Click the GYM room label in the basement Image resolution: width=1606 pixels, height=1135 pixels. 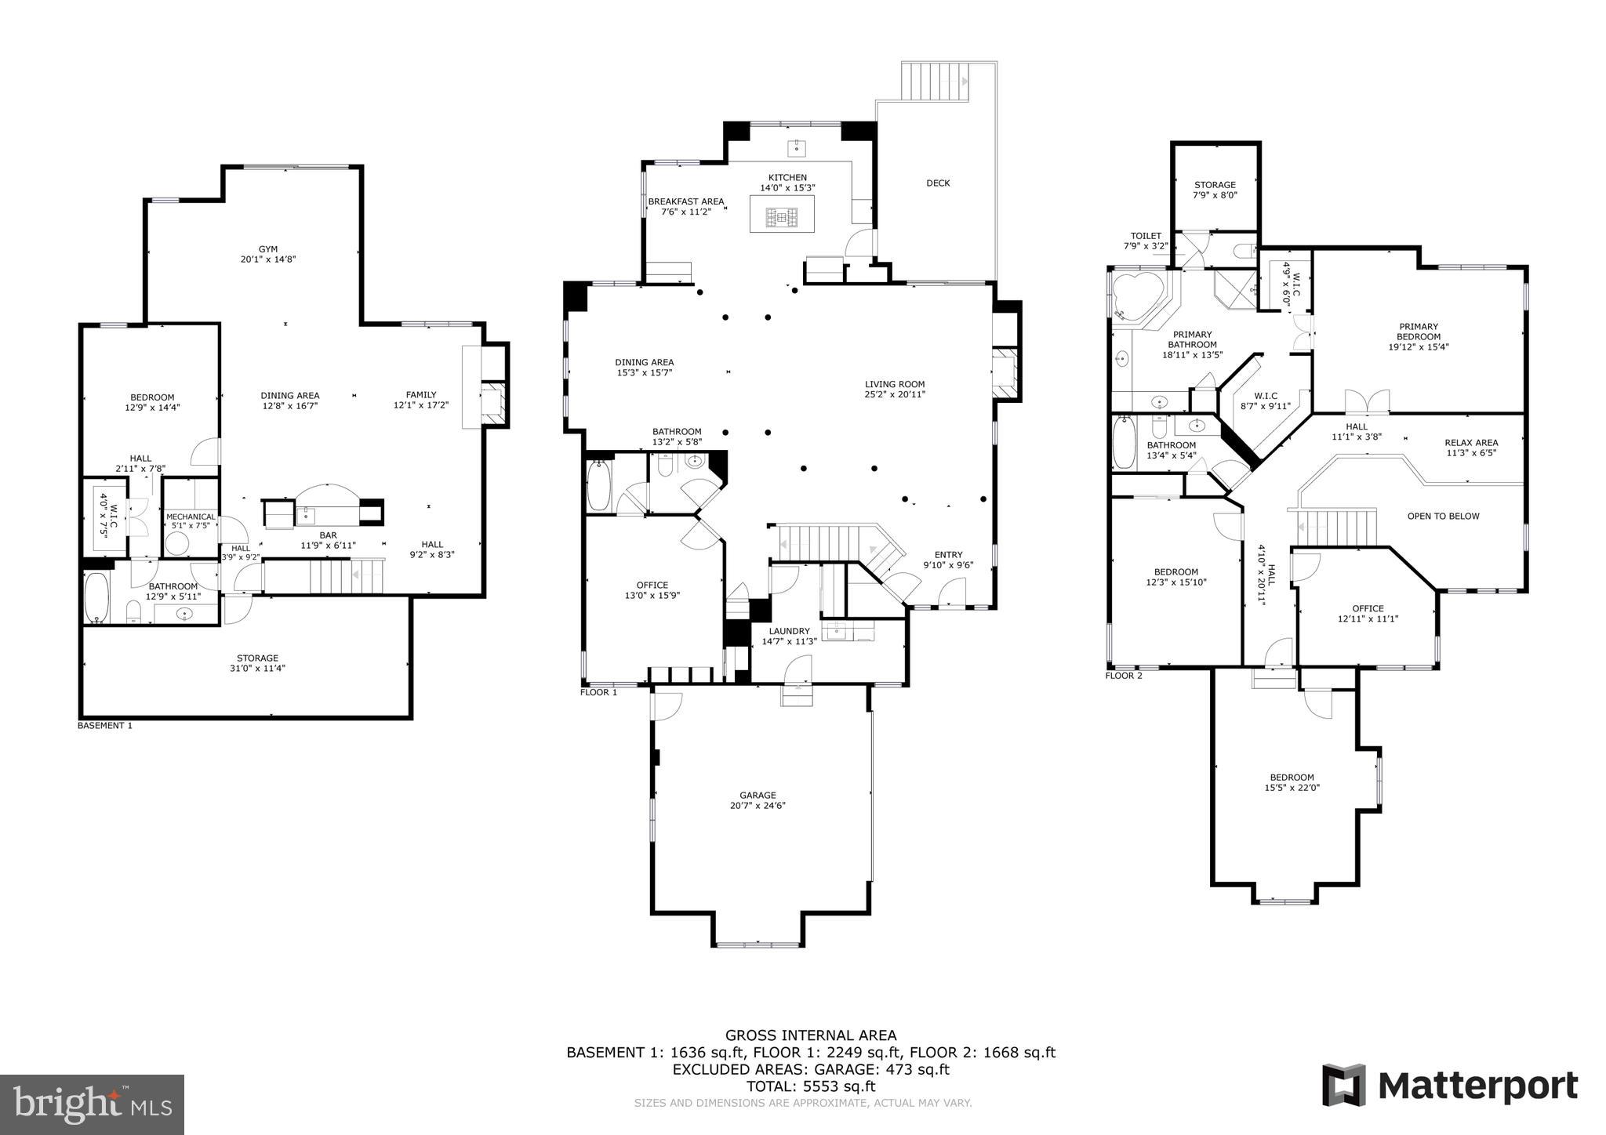click(268, 254)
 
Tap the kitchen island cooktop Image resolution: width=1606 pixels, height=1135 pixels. click(782, 216)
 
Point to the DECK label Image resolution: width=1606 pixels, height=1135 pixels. click(938, 183)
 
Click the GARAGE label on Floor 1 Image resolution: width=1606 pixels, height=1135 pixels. click(757, 800)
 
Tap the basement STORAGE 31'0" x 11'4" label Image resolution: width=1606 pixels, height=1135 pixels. click(257, 663)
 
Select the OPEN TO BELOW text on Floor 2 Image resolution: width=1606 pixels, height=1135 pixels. click(1443, 516)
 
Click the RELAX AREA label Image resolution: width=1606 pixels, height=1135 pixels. click(1471, 448)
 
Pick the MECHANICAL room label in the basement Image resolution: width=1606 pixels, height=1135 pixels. click(191, 520)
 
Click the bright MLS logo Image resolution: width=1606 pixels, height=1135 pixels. click(92, 1104)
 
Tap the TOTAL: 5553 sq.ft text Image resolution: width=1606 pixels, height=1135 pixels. click(811, 1086)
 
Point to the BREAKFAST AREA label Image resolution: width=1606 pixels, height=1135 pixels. click(685, 206)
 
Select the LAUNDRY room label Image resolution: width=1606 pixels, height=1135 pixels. click(789, 636)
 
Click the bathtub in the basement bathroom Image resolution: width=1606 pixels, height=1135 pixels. click(97, 597)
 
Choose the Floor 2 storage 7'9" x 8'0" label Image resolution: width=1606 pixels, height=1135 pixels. click(1215, 190)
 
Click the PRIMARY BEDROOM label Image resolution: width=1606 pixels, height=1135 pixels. click(1418, 336)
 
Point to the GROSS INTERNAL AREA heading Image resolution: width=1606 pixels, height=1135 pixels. click(811, 1035)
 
